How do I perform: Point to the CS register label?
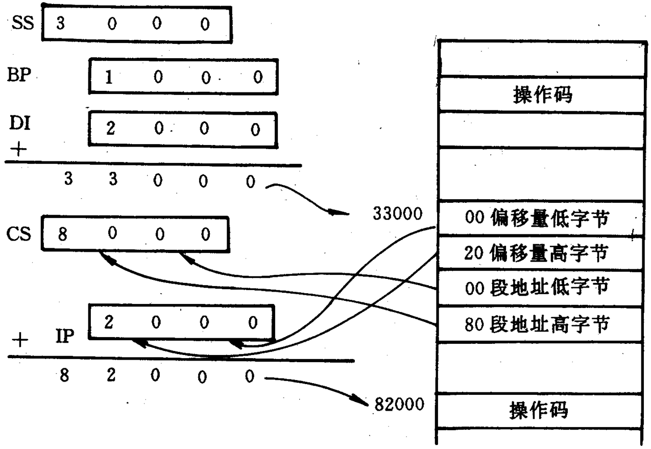coord(19,234)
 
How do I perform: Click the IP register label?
coord(65,337)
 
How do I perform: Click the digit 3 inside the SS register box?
coord(60,25)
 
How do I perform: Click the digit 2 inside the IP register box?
coord(108,323)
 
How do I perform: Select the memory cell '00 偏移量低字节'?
coord(539,218)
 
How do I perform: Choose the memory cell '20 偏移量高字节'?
coord(539,253)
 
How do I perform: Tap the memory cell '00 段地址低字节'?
coord(539,288)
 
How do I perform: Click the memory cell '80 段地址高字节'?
coord(539,324)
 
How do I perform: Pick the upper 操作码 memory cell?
coord(539,95)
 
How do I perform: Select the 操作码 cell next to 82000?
coord(539,410)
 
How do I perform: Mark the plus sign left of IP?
coord(19,340)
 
